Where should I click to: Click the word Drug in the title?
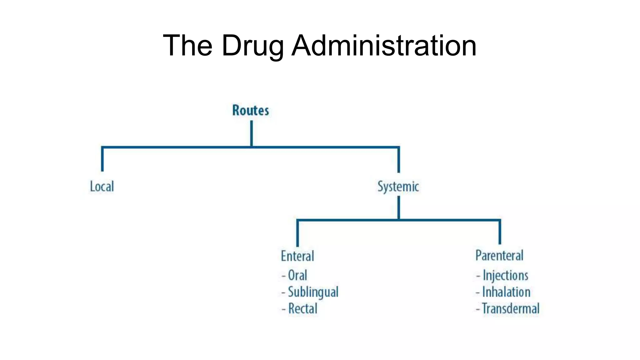[x=252, y=46]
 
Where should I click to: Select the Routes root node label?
[x=250, y=110]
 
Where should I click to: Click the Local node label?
[x=102, y=187]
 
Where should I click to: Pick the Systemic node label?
[x=398, y=187]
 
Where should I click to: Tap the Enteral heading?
[x=297, y=256]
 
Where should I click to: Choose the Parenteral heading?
[x=499, y=256]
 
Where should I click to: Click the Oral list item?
[x=297, y=276]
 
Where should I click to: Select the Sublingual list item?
[x=313, y=292]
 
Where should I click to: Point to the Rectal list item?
[x=302, y=309]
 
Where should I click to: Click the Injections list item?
[x=505, y=276]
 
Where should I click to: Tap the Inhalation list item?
[x=506, y=292]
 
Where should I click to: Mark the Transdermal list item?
[x=511, y=309]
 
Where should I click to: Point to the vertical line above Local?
[x=102, y=159]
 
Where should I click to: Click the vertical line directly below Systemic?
[x=399, y=207]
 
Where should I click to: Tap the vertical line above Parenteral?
[x=500, y=232]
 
